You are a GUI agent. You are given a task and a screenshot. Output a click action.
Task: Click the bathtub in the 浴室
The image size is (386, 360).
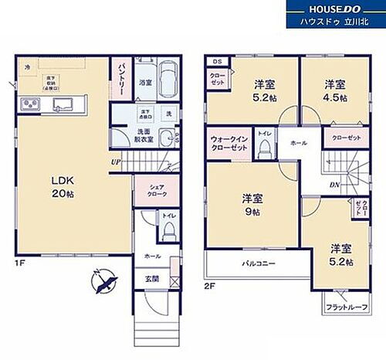coord(170,79)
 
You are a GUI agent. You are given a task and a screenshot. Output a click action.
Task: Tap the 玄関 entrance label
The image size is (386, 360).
coord(151,279)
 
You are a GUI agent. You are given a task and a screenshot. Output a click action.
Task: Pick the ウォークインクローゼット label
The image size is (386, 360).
coord(229,144)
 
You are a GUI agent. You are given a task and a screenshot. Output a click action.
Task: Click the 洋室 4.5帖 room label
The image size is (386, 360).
coord(334,90)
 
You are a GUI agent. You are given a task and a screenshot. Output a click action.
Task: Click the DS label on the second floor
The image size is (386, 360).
coord(217,61)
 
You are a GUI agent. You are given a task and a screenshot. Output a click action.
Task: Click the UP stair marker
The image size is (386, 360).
coord(115,162)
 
